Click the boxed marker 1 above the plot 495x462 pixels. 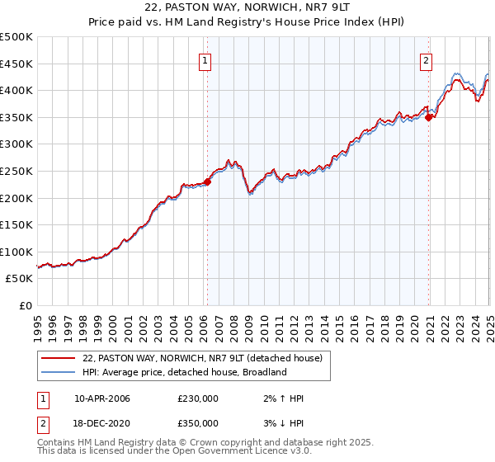point(204,59)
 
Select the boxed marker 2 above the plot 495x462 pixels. point(426,59)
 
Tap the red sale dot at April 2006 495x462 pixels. point(207,182)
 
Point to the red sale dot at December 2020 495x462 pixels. point(429,117)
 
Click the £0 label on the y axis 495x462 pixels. point(26,306)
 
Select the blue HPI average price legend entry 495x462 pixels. point(184,372)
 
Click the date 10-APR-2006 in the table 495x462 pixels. point(102,398)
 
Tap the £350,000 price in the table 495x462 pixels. point(198,423)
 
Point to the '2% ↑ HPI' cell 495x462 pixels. point(280,398)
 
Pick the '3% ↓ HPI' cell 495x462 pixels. point(280,423)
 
